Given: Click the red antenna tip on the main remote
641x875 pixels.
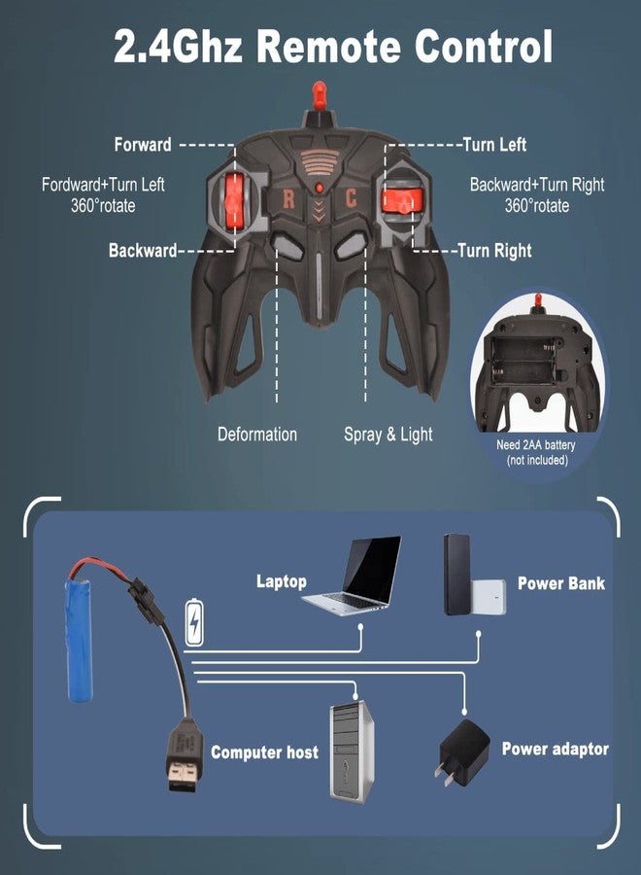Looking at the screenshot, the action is pyautogui.click(x=319, y=95).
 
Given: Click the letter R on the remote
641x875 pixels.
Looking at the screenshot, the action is pyautogui.click(x=288, y=198).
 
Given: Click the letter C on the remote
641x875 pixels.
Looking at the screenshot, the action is pyautogui.click(x=350, y=198).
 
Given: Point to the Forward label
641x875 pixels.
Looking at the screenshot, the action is pyautogui.click(x=143, y=145).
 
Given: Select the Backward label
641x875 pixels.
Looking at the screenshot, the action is pyautogui.click(x=143, y=250).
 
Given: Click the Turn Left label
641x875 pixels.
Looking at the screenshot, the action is pyautogui.click(x=494, y=145).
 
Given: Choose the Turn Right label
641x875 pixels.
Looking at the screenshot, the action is pyautogui.click(x=494, y=251).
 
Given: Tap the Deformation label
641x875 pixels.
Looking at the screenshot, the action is pyautogui.click(x=257, y=435).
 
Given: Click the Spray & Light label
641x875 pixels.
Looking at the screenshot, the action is pyautogui.click(x=388, y=435).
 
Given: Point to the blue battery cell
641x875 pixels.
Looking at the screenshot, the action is pyautogui.click(x=79, y=640).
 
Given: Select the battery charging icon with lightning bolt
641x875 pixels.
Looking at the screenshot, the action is pyautogui.click(x=194, y=621).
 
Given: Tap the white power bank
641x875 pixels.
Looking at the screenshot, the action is pyautogui.click(x=489, y=597).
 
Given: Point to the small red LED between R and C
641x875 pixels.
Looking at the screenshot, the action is pyautogui.click(x=319, y=188).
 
